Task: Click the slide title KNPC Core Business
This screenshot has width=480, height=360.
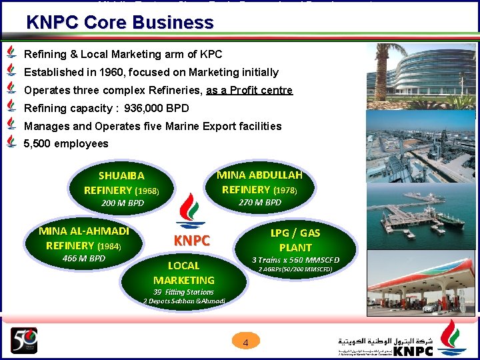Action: click(x=120, y=22)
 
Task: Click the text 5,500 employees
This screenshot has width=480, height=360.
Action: click(x=66, y=143)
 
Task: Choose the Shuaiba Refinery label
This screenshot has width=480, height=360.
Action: click(x=121, y=183)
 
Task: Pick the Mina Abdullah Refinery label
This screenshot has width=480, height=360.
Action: click(x=259, y=182)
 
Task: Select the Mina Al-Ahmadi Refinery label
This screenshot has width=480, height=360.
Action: click(x=84, y=238)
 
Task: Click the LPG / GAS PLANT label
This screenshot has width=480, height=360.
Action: click(x=295, y=239)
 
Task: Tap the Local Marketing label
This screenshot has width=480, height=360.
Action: click(x=183, y=273)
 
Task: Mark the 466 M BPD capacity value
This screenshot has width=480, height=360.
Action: click(x=84, y=258)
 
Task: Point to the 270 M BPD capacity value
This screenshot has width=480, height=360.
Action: click(x=260, y=202)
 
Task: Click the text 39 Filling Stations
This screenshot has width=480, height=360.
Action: click(x=183, y=292)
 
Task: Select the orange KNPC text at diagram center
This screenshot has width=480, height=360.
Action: click(x=192, y=241)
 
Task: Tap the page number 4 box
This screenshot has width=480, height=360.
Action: click(x=245, y=343)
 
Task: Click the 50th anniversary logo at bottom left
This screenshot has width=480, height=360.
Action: click(x=24, y=341)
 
